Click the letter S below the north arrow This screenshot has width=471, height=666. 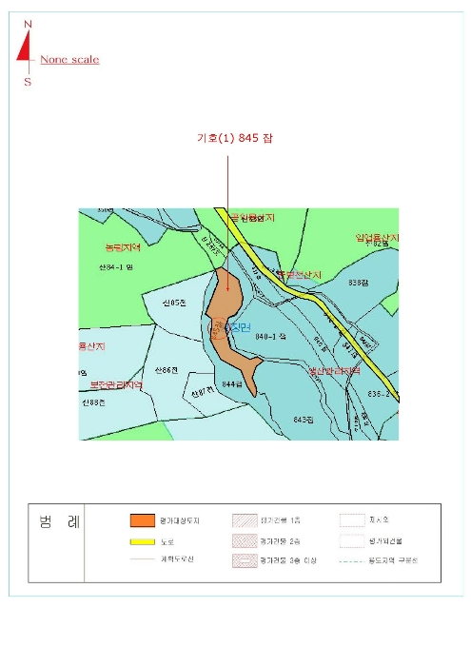(28, 82)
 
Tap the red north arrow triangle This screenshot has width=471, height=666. (24, 49)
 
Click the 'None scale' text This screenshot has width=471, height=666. (69, 60)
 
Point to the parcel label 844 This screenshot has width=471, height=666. (232, 384)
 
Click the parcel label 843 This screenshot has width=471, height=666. (304, 419)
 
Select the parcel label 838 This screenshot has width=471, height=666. (358, 283)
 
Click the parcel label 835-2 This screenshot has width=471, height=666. (381, 391)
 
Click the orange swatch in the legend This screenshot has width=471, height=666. (142, 520)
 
